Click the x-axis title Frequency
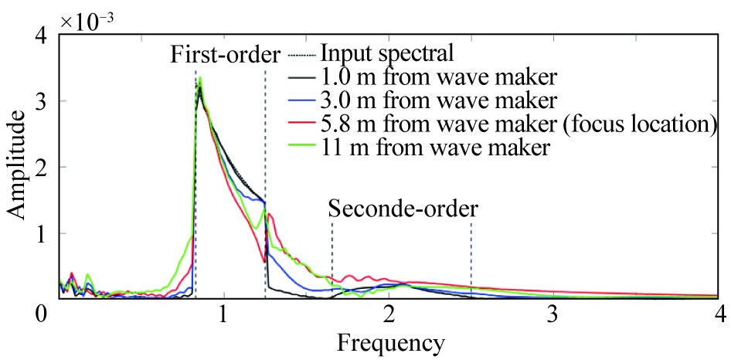[x=389, y=341]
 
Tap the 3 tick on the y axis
[x=44, y=100]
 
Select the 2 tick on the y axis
[x=44, y=167]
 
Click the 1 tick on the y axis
[x=44, y=233]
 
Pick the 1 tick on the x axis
[x=223, y=315]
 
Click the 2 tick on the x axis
[x=389, y=315]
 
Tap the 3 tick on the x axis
[x=553, y=315]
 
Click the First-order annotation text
[x=224, y=55]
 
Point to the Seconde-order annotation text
[x=403, y=208]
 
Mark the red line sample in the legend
[x=301, y=124]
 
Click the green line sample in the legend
[x=301, y=148]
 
